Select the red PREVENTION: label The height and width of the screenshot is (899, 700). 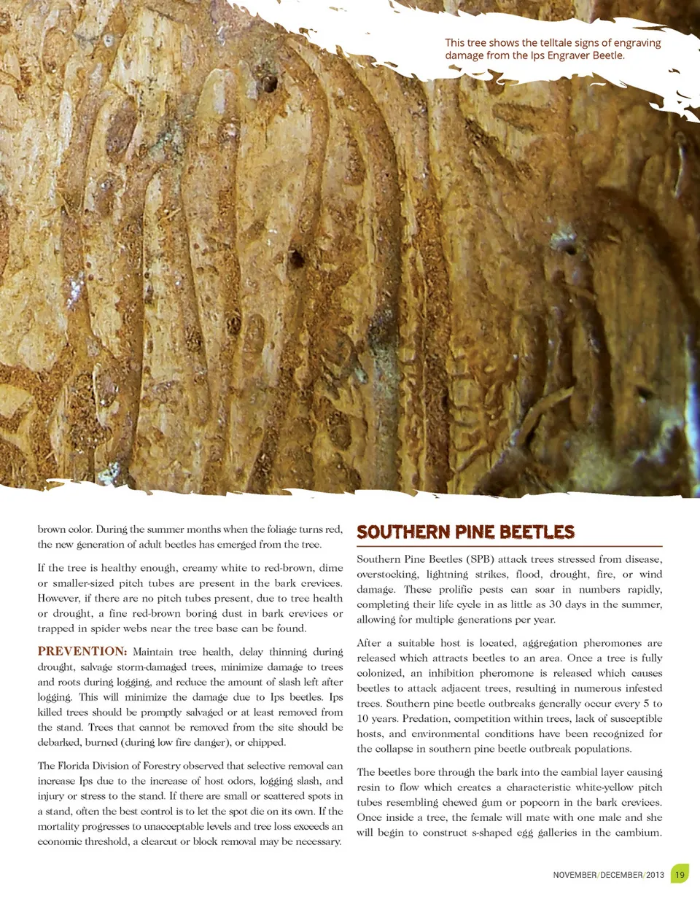click(x=82, y=652)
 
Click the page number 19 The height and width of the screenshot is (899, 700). click(x=680, y=874)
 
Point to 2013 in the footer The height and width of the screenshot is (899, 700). click(x=655, y=875)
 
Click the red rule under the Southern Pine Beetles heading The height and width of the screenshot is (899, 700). click(x=509, y=546)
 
